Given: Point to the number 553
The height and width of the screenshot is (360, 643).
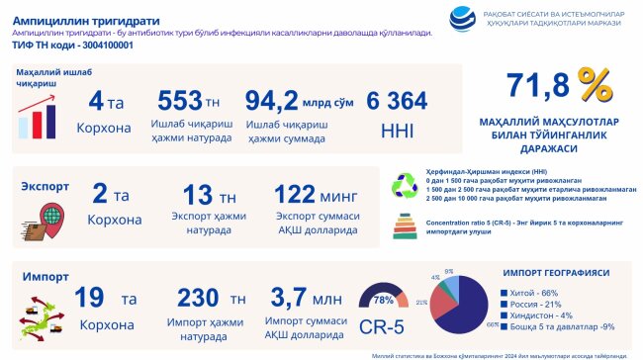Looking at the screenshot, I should click(x=179, y=101).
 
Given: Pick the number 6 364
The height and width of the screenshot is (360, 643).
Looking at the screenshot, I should click(x=396, y=101).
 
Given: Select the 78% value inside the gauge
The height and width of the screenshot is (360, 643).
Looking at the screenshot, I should click(x=382, y=299).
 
